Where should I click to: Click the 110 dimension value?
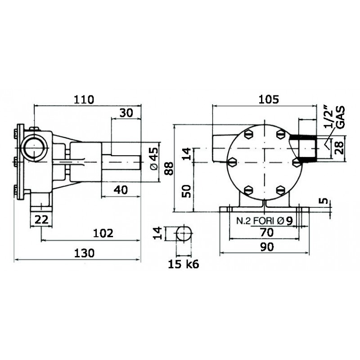(x=85, y=99)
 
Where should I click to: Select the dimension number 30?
(x=126, y=113)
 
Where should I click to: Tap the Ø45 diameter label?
(x=153, y=158)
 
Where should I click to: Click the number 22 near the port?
(x=41, y=220)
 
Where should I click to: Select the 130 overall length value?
(x=85, y=254)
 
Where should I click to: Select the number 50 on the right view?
(x=188, y=191)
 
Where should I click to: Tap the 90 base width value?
(x=267, y=247)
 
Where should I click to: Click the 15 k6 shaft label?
(x=183, y=265)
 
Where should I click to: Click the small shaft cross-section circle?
(x=184, y=234)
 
